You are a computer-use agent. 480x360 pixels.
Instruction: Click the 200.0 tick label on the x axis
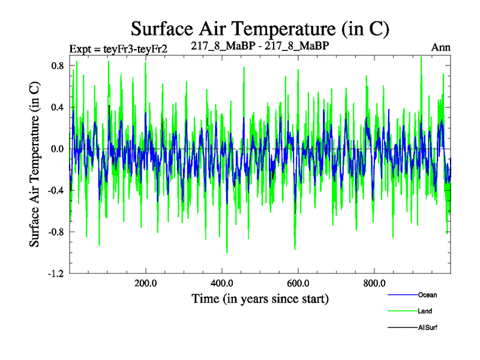coord(146,283)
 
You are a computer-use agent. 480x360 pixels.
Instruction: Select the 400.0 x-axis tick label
coord(222,283)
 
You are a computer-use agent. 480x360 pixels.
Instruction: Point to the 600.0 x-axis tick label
coord(298,283)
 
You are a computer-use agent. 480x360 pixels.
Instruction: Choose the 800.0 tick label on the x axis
coord(374,283)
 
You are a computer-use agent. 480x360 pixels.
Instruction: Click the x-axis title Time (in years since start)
coord(260,298)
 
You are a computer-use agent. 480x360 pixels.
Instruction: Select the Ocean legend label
coord(428,295)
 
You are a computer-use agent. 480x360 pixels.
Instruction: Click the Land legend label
coord(425,311)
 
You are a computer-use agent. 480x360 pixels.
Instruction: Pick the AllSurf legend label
coord(428,328)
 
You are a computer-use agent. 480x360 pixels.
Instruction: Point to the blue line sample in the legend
coord(402,295)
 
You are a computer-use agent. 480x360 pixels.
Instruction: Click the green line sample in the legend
coord(402,311)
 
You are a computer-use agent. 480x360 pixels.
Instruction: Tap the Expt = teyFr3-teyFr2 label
coord(118,49)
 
